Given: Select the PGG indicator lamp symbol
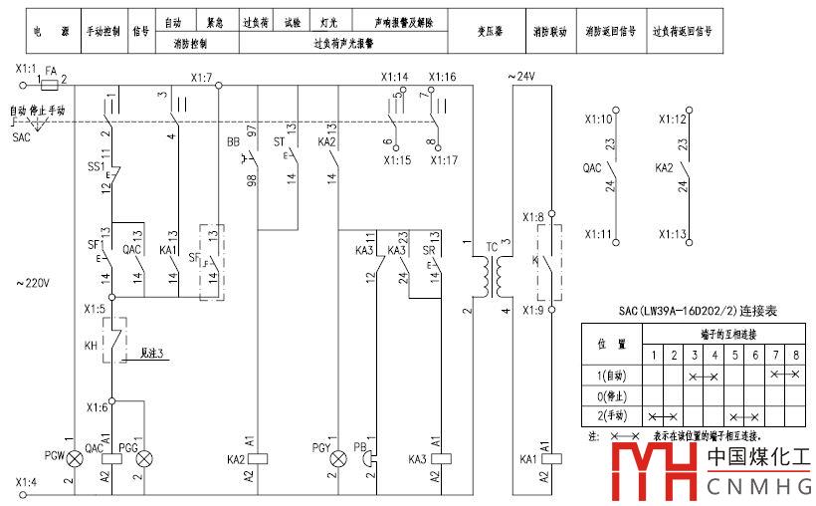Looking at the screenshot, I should (145, 457).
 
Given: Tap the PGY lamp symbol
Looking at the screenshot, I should (339, 458).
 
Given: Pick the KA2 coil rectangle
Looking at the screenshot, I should (258, 458).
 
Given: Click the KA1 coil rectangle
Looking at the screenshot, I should (544, 458).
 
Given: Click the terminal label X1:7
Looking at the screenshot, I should (202, 77).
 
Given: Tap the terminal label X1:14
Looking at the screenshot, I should (395, 77).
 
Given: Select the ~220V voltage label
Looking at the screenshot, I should (33, 284).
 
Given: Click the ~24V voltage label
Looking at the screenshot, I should (524, 77).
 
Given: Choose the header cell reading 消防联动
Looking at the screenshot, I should (549, 31).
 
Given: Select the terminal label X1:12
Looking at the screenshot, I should (674, 120).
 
